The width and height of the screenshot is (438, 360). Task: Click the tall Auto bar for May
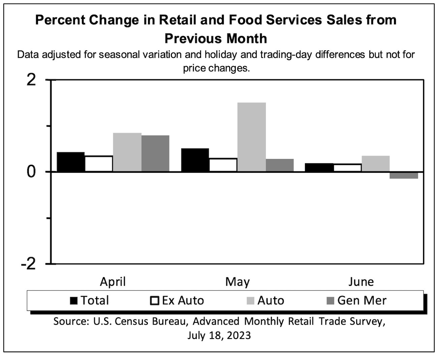click(x=251, y=137)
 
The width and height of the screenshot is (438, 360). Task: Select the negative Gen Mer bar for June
click(x=404, y=175)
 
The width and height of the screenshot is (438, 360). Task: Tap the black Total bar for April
click(x=70, y=162)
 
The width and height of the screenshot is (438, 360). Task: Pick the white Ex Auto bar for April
click(x=99, y=164)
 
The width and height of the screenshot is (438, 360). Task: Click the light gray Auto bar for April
click(x=127, y=152)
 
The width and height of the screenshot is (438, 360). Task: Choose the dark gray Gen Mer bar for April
click(x=155, y=154)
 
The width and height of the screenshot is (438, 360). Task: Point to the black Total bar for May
click(x=195, y=160)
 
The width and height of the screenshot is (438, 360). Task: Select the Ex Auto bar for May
click(x=223, y=165)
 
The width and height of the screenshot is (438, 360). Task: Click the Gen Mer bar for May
click(x=280, y=165)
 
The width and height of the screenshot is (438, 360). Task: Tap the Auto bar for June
click(x=375, y=164)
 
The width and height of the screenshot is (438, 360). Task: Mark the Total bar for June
click(x=319, y=167)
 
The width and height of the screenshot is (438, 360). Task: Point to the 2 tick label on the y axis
click(x=31, y=80)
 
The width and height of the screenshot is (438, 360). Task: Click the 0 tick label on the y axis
click(x=31, y=172)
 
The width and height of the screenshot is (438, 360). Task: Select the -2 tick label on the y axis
click(x=28, y=264)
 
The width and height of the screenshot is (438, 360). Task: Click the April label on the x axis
click(x=113, y=282)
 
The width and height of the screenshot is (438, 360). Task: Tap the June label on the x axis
click(x=361, y=282)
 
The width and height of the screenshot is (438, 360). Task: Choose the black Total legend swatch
click(x=74, y=300)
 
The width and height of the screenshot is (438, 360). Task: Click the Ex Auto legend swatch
click(x=154, y=300)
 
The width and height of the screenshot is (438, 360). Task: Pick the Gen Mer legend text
click(x=362, y=300)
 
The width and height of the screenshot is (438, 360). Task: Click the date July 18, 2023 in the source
click(x=219, y=335)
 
